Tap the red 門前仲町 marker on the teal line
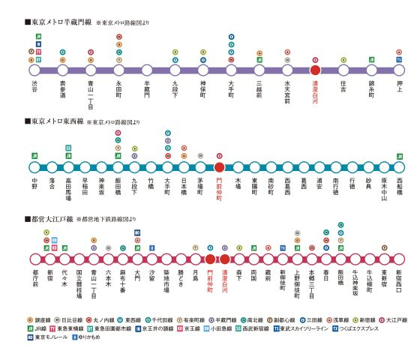click(219, 167)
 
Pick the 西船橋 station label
click(399, 187)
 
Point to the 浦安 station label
click(320, 185)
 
